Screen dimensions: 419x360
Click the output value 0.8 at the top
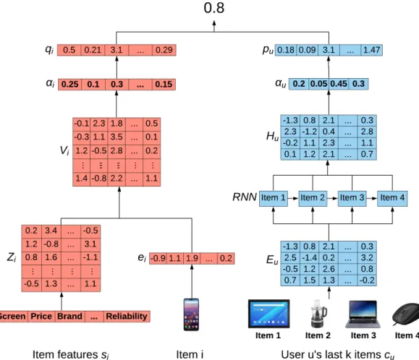[213, 8]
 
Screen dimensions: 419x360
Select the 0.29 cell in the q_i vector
[164, 50]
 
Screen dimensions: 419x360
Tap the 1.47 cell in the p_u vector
[372, 50]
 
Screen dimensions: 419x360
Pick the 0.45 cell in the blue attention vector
[339, 84]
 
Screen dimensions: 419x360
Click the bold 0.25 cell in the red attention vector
[69, 85]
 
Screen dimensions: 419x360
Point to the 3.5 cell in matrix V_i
[117, 137]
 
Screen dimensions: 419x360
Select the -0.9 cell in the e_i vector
[158, 258]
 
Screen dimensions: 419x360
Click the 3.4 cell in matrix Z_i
[51, 231]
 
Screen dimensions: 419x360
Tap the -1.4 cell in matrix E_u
[310, 258]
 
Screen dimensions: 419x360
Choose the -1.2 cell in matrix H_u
[310, 132]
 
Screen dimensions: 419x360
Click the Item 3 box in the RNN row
[352, 198]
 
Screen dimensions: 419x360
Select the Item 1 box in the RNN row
[274, 198]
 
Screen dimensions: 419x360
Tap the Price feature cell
[41, 316]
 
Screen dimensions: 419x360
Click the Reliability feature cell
[127, 316]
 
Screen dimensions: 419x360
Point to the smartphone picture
[191, 314]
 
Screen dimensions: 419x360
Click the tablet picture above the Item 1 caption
[268, 314]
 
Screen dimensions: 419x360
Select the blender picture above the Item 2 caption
[318, 314]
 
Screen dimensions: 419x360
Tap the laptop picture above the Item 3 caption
[363, 314]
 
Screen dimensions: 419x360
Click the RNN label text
[245, 197]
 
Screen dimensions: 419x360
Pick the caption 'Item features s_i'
[71, 355]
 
